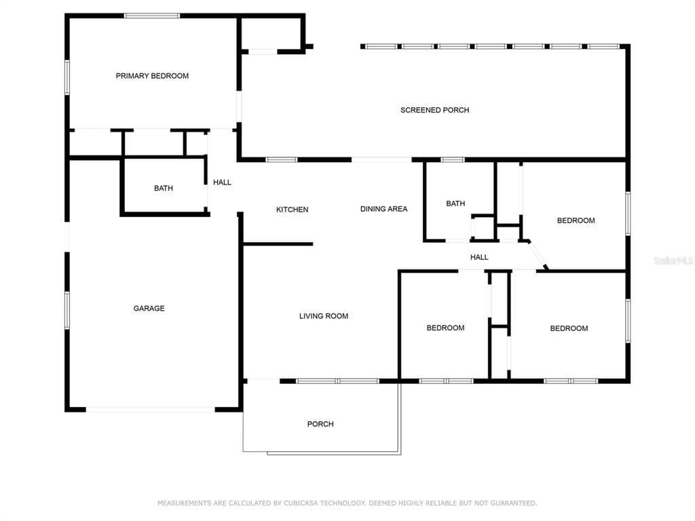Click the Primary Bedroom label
[x=152, y=76]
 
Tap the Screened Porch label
[x=434, y=110]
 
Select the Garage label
[x=149, y=309]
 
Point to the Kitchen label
[x=292, y=210]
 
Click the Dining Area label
[x=384, y=209]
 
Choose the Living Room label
[x=324, y=316]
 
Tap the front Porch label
[x=320, y=424]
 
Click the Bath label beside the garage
[x=164, y=189]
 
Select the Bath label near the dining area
[x=455, y=204]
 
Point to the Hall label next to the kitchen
[x=222, y=182]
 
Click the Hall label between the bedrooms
[x=479, y=257]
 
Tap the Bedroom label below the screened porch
[x=576, y=220]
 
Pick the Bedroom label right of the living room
[x=445, y=328]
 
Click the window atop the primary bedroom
[x=151, y=16]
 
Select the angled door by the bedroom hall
[x=538, y=255]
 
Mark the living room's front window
[x=338, y=381]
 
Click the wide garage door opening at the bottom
[x=150, y=410]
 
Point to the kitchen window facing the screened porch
[x=282, y=159]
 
